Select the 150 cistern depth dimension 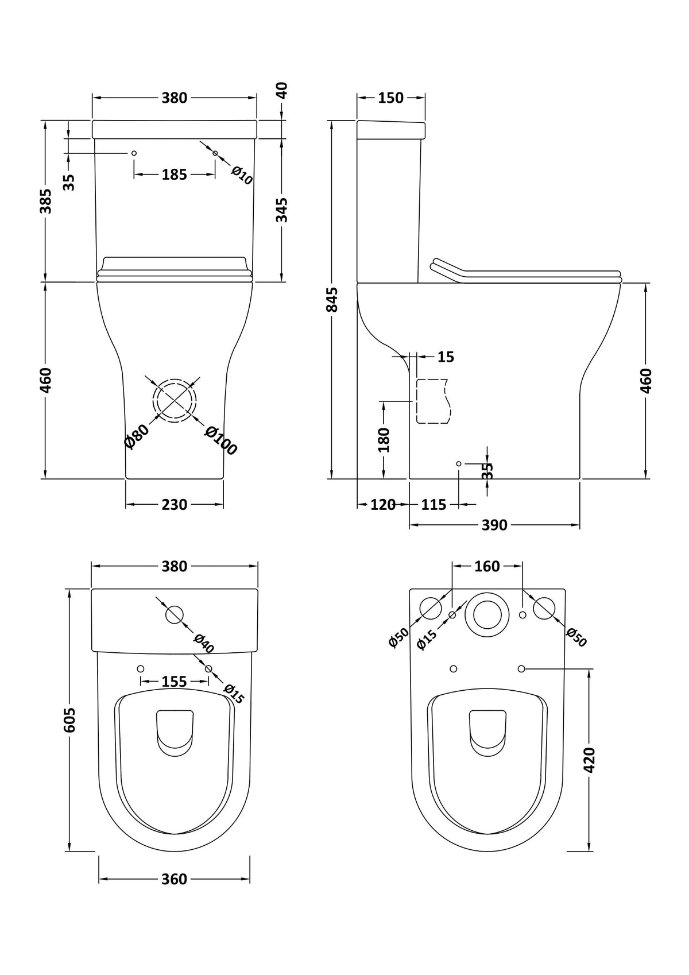[390, 98]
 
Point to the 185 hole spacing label [174, 174]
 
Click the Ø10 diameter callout [242, 175]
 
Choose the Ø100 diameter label [220, 441]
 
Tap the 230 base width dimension [174, 505]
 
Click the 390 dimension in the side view [494, 525]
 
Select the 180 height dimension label [384, 439]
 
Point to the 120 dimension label [383, 505]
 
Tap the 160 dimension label [487, 566]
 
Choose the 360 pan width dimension [174, 879]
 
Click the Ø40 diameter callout [204, 643]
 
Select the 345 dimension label [281, 210]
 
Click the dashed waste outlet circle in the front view [175, 400]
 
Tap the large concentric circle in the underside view [487, 614]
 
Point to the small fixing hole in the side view [458, 463]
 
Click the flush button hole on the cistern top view [175, 614]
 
